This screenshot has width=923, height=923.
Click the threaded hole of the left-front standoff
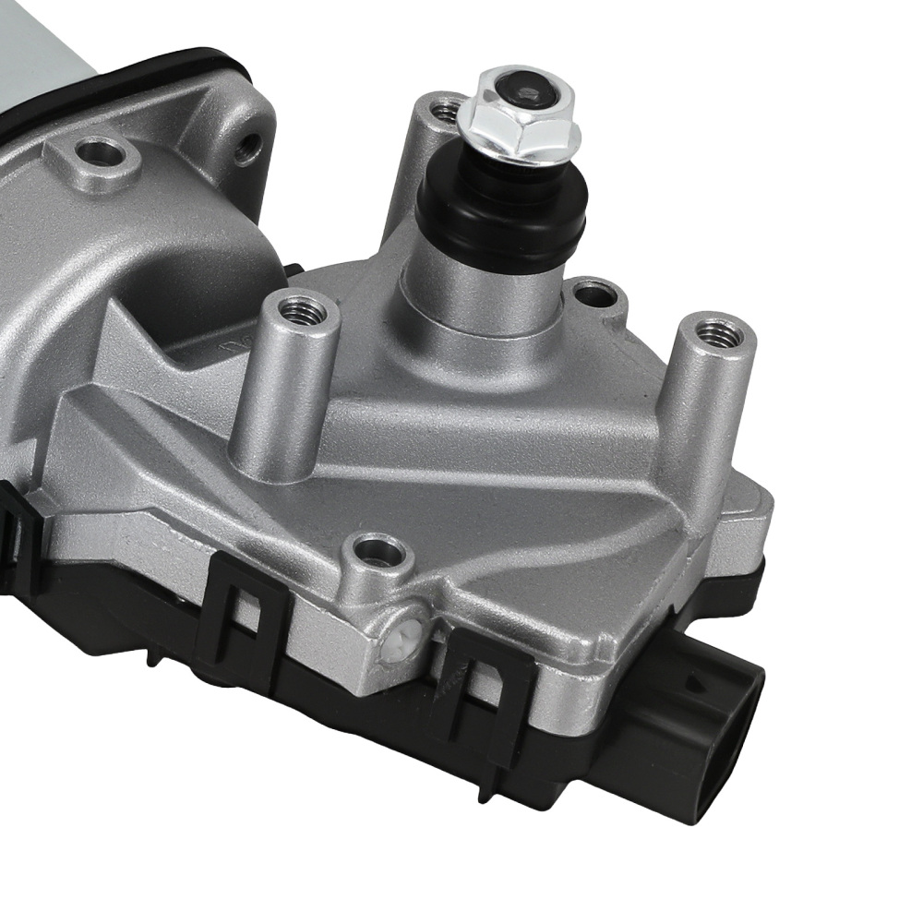pyautogui.click(x=303, y=310)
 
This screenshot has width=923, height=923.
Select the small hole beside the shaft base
pyautogui.click(x=595, y=294)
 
